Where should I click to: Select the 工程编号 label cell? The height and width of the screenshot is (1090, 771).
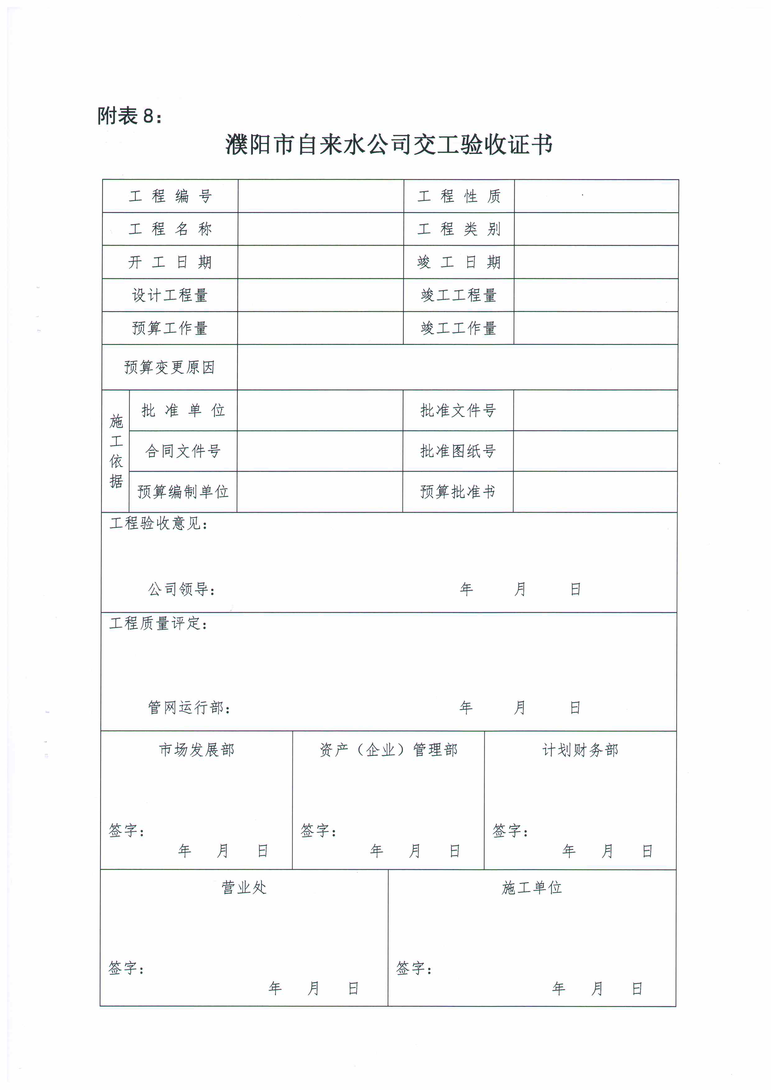click(x=170, y=196)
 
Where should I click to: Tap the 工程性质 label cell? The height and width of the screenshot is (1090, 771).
click(x=459, y=196)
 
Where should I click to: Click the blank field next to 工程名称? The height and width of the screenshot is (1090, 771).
click(x=321, y=229)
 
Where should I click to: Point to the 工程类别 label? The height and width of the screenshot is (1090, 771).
click(x=459, y=229)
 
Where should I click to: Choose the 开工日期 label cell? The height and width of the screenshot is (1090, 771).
click(x=170, y=262)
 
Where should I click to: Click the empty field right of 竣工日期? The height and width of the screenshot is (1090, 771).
click(x=596, y=262)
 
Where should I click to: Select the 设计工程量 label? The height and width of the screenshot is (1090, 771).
click(x=170, y=295)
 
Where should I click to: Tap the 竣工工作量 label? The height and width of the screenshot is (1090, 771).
click(x=458, y=328)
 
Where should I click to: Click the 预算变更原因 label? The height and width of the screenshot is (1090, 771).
click(x=169, y=367)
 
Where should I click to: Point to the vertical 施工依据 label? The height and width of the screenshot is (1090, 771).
click(x=116, y=451)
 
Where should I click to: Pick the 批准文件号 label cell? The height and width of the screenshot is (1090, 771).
click(x=458, y=410)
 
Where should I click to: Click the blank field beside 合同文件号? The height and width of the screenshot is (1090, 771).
click(x=320, y=451)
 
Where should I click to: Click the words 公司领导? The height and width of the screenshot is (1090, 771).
click(x=181, y=589)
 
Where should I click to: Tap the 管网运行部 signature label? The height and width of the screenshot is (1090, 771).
click(x=189, y=707)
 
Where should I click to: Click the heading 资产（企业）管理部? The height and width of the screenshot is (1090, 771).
click(x=388, y=750)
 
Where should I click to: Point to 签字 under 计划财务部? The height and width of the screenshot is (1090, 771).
click(x=510, y=830)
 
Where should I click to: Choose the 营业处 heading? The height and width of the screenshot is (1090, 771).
click(x=244, y=887)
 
